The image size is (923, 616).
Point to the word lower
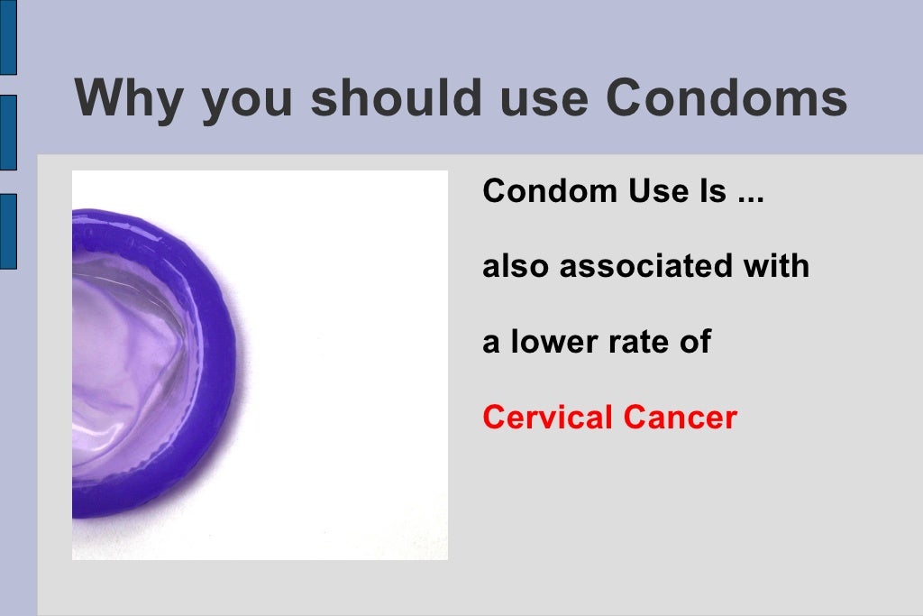(551, 343)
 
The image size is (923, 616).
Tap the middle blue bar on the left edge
(7, 133)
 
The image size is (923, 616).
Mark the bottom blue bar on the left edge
(7, 231)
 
